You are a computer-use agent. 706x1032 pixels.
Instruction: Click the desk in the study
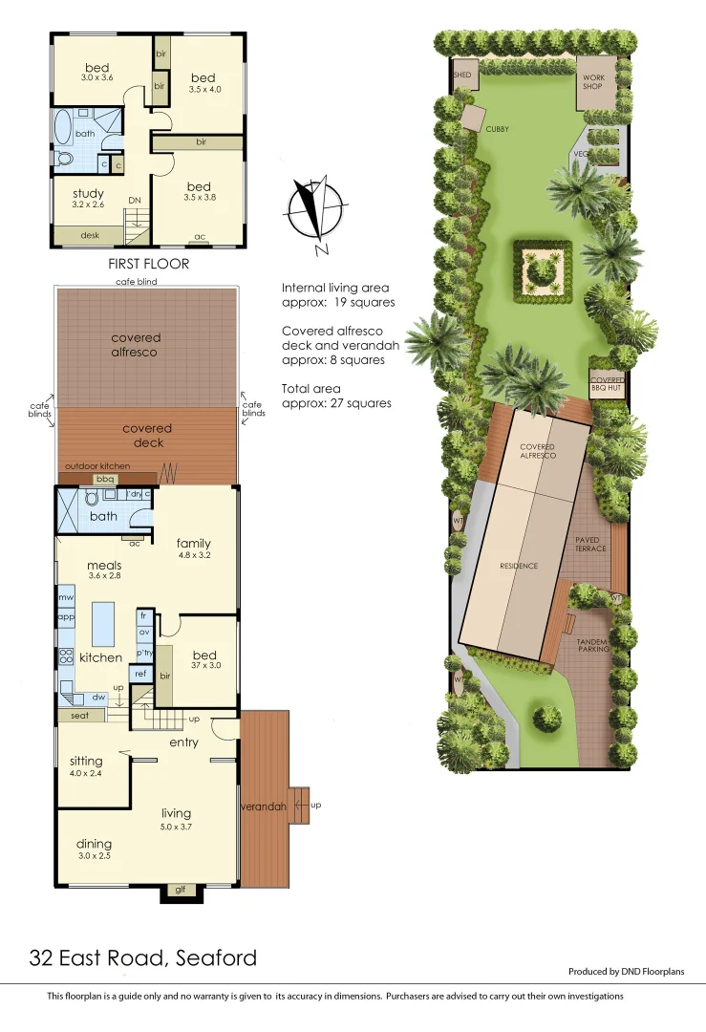point(90,235)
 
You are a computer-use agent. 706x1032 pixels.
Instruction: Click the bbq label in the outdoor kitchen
point(105,478)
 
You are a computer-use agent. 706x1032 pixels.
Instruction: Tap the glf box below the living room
point(181,891)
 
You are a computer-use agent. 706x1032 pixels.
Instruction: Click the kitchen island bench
point(102,623)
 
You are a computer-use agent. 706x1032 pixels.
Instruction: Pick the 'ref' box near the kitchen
point(139,674)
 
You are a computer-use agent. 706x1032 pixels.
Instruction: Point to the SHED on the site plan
point(463,74)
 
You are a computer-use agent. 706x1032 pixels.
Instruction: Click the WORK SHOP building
point(595,79)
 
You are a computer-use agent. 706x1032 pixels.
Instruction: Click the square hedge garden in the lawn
point(544,272)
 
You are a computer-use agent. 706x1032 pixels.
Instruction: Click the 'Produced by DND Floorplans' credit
point(626,972)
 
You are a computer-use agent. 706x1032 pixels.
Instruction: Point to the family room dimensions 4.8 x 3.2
point(193,554)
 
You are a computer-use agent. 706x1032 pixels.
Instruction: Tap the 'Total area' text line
point(337,397)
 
